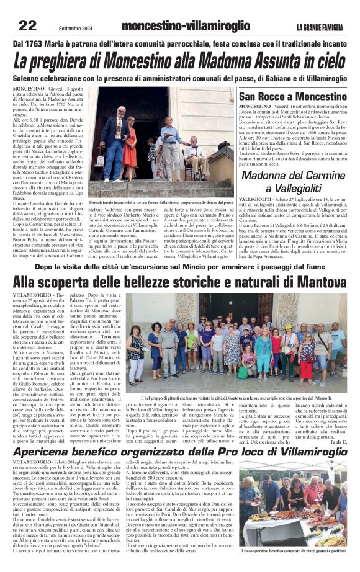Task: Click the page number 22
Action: [28, 25]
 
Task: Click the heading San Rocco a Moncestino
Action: [293, 97]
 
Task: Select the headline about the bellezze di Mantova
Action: [179, 281]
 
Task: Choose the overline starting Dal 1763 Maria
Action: [179, 43]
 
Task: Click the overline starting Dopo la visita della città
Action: [179, 266]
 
